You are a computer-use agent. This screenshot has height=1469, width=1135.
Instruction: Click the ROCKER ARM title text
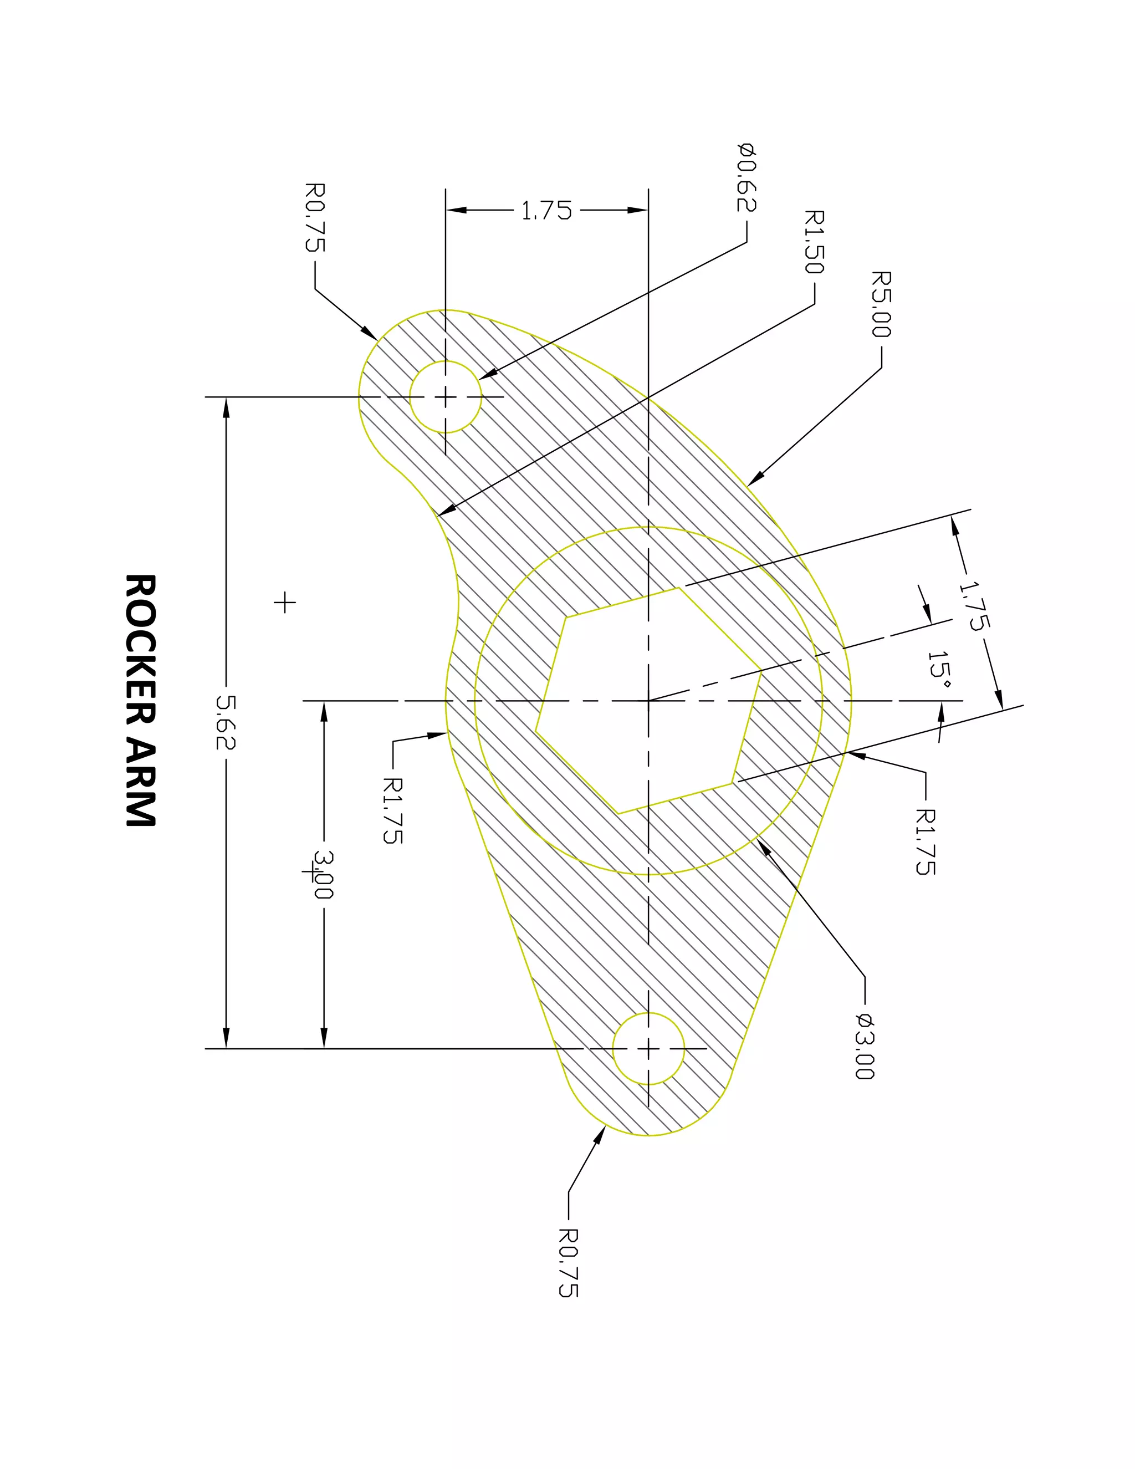141,700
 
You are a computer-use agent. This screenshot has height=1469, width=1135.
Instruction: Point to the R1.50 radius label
814,242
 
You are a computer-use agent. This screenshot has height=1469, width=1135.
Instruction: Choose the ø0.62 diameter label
747,177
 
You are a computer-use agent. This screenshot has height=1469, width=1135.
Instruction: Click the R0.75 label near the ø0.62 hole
315,217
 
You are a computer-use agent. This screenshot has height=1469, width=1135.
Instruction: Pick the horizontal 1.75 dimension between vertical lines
546,211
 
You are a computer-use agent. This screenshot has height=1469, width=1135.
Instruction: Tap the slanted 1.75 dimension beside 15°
974,605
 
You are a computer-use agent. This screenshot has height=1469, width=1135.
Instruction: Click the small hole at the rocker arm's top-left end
445,397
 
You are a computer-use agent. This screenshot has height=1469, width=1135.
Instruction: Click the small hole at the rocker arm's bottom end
648,1049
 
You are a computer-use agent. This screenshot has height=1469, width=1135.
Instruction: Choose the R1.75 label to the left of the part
393,810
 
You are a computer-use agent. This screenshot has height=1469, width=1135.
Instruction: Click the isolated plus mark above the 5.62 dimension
284,602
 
